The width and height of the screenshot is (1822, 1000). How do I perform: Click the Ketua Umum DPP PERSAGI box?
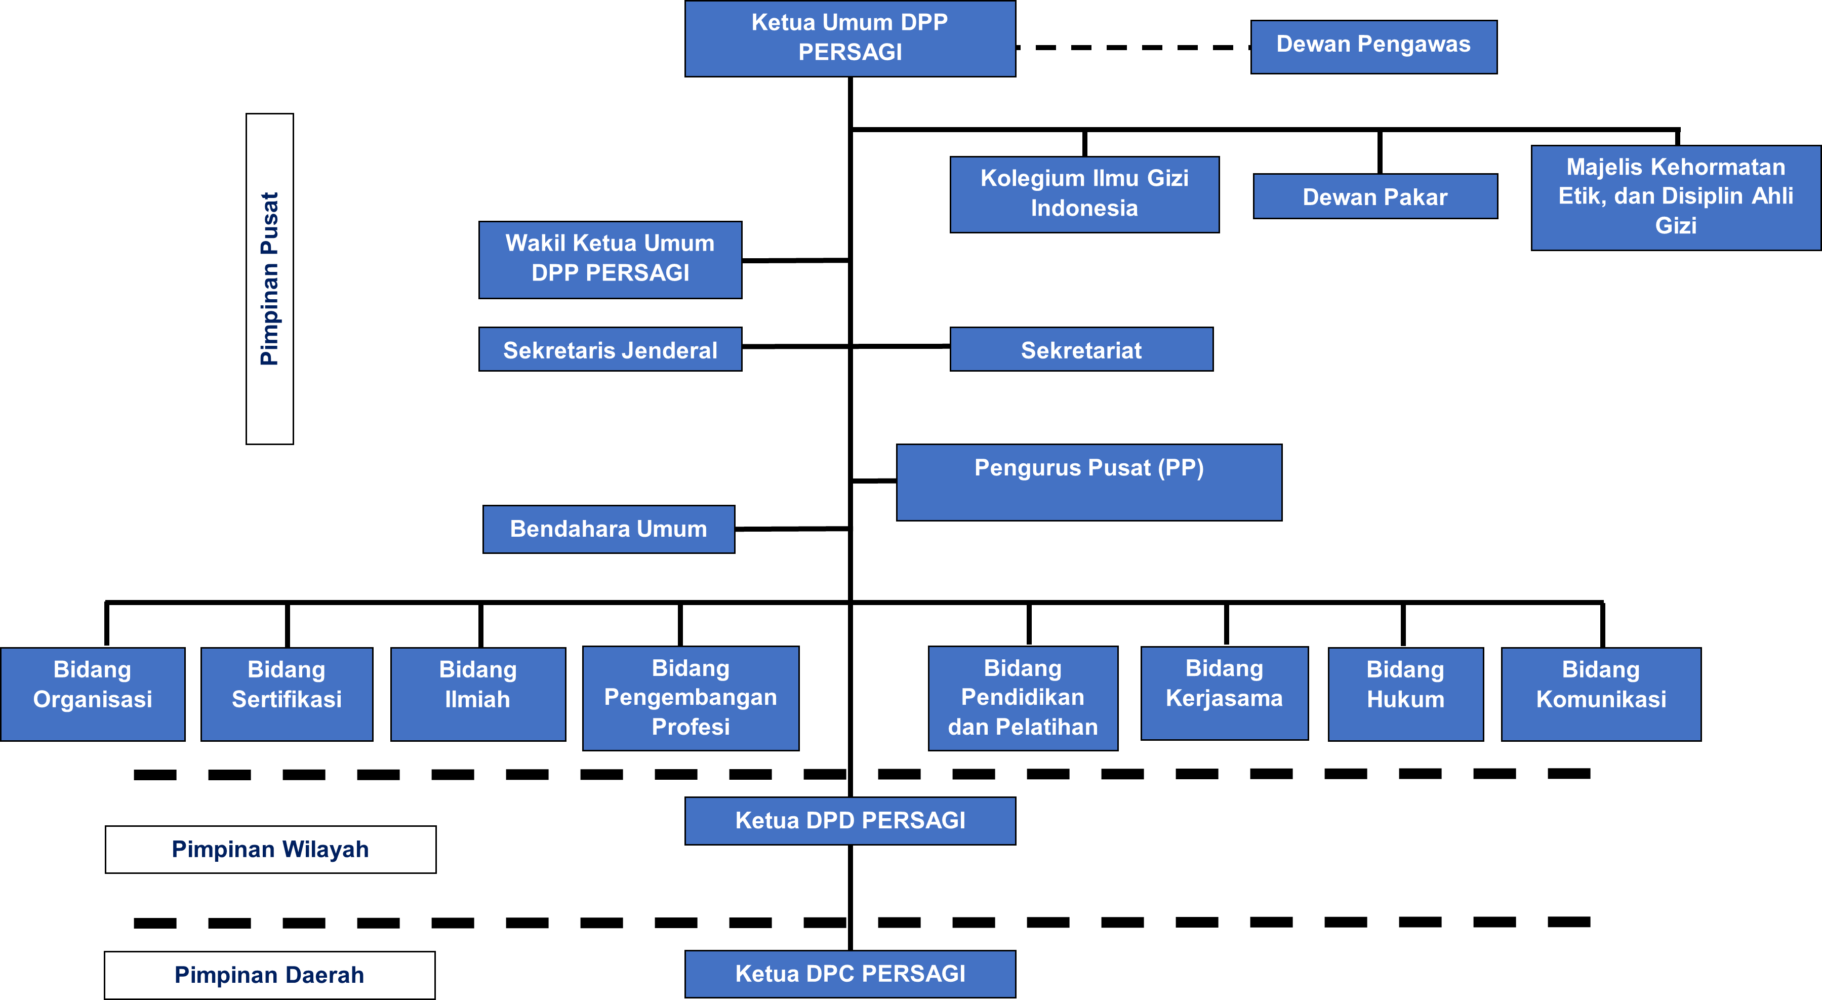click(x=849, y=38)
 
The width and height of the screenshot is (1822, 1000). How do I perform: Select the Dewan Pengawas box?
click(x=1373, y=47)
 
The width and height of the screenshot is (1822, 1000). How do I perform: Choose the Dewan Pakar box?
click(x=1374, y=196)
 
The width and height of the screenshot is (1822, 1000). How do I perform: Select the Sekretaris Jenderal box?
click(x=610, y=349)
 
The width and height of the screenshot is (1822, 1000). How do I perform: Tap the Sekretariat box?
click(x=1081, y=349)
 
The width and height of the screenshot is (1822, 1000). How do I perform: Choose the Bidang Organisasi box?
click(x=93, y=693)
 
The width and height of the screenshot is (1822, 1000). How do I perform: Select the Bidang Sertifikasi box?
click(x=287, y=693)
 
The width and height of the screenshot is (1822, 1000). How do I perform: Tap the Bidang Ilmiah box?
click(x=477, y=693)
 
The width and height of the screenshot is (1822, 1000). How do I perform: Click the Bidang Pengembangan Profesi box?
click(x=691, y=697)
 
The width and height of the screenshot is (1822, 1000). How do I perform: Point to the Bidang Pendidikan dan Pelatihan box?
click(x=1023, y=697)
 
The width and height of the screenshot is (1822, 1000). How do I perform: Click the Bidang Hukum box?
click(x=1405, y=693)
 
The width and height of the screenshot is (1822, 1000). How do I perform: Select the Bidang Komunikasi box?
click(x=1601, y=693)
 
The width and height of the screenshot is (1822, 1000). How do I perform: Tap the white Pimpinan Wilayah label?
click(x=270, y=849)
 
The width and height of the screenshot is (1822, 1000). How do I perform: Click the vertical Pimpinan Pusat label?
click(x=269, y=278)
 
